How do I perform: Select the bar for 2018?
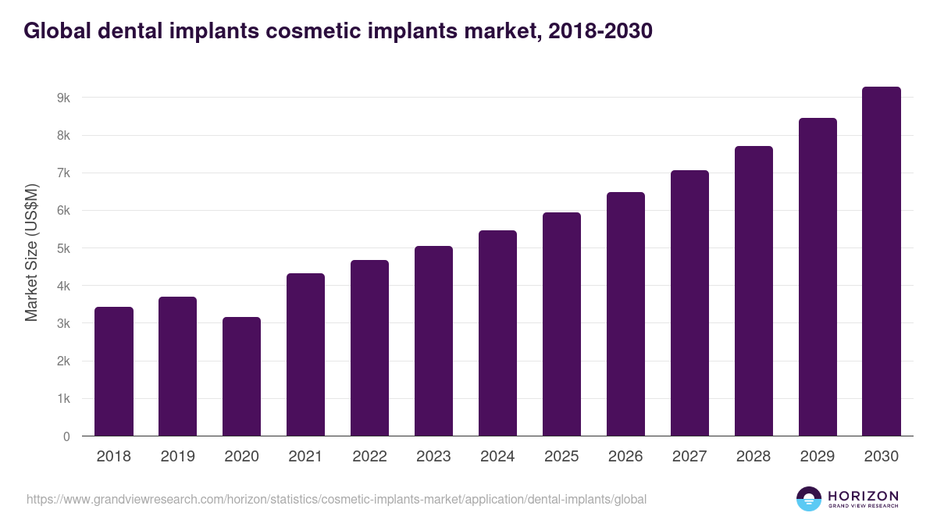pos(114,372)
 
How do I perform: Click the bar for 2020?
pos(242,376)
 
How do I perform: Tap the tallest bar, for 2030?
pos(882,262)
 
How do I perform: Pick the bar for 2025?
pos(562,324)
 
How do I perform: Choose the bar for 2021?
pos(305,354)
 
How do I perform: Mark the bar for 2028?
pos(754,291)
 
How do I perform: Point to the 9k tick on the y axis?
pos(63,98)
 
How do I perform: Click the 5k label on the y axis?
pos(63,248)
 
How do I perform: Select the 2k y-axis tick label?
pos(63,361)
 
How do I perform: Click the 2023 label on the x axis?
pos(433,457)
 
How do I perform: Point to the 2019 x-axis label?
pos(177,457)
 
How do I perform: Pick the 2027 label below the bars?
pos(689,457)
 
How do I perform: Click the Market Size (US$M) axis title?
pos(31,253)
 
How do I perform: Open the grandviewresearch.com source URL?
pos(337,499)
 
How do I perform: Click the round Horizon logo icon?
pos(809,499)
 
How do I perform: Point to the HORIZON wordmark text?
pos(863,496)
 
